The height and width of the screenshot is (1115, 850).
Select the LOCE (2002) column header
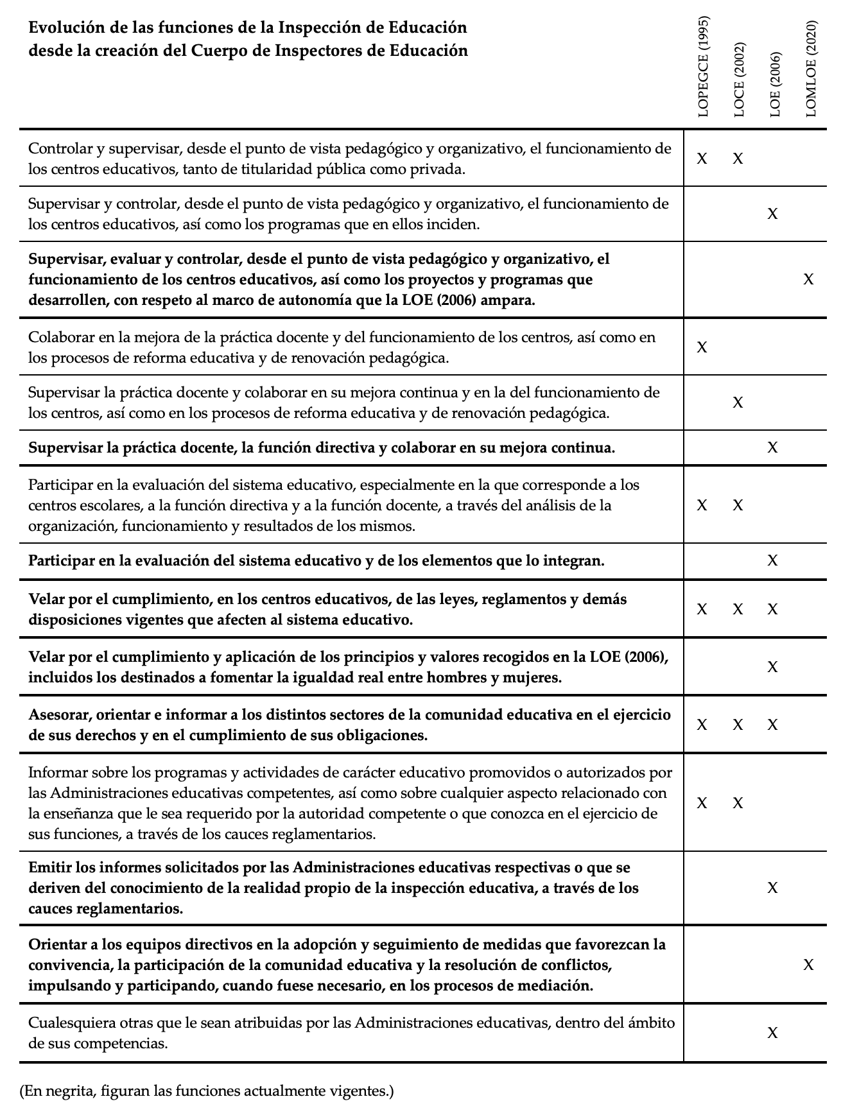[738, 80]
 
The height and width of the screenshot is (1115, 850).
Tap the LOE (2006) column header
[774, 85]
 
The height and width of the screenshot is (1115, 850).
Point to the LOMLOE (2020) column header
[810, 69]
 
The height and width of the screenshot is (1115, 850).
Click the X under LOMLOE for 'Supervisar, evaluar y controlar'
[808, 279]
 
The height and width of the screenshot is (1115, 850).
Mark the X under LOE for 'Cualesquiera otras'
[772, 1033]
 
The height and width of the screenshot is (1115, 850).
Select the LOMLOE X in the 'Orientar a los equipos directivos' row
[808, 965]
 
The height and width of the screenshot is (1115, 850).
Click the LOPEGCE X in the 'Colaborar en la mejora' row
[702, 347]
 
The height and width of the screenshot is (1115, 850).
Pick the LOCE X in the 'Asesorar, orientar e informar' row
[738, 725]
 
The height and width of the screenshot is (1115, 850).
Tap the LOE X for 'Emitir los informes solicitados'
[772, 888]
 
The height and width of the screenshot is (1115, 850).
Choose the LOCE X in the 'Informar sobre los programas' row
[738, 803]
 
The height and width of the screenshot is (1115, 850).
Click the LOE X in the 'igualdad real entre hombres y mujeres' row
[772, 667]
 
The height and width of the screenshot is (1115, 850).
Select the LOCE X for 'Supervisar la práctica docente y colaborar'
[738, 402]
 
